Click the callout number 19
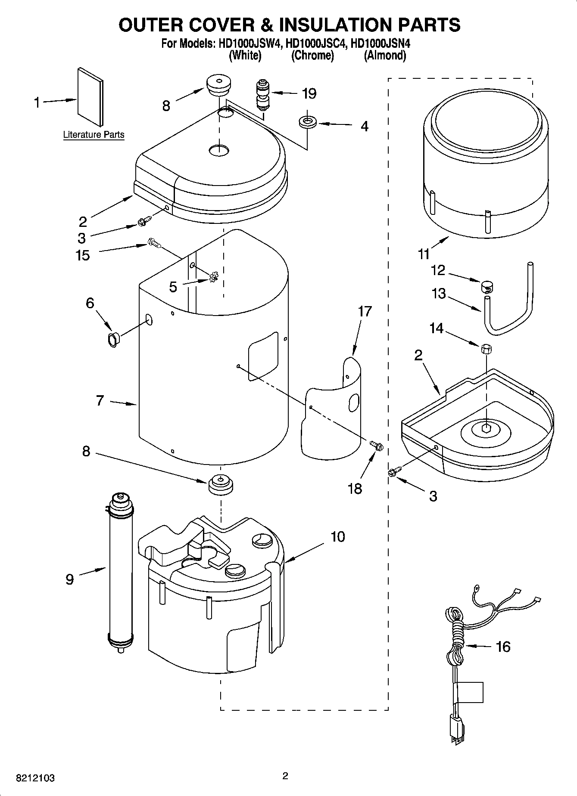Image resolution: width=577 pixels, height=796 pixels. pyautogui.click(x=309, y=93)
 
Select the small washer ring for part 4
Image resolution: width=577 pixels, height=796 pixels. pyautogui.click(x=307, y=122)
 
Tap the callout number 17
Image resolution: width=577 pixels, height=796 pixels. pyautogui.click(x=365, y=311)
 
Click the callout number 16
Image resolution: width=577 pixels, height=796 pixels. pyautogui.click(x=503, y=646)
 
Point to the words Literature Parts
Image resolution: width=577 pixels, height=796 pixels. pyautogui.click(x=94, y=135)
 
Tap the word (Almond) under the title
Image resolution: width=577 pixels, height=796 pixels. pyautogui.click(x=385, y=55)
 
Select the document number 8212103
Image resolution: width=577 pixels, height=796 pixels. pyautogui.click(x=35, y=778)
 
